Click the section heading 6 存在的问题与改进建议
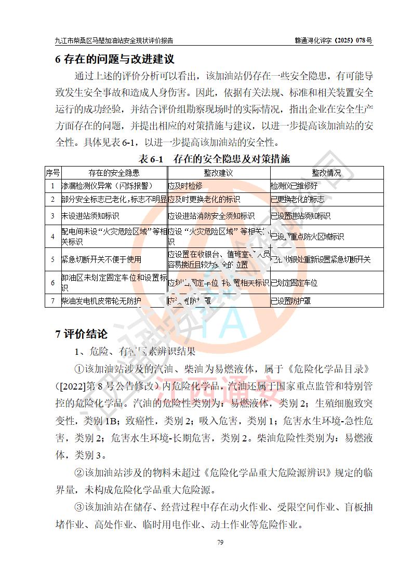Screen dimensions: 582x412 pos(114,59)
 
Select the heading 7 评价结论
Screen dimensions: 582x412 pos(82,334)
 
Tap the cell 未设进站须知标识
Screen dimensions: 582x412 pos(91,216)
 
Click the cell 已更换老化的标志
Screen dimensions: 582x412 pos(298,199)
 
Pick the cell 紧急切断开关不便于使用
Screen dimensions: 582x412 pos(101,259)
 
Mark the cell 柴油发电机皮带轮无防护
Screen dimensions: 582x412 pos(101,300)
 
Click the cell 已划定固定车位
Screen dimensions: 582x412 pos(294,283)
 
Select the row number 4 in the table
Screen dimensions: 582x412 pos(52,237)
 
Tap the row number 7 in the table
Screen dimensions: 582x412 pos(52,300)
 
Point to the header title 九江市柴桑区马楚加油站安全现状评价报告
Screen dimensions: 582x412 pos(114,40)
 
